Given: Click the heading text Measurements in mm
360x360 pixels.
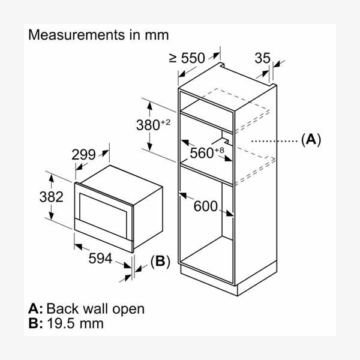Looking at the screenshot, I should tap(98, 35).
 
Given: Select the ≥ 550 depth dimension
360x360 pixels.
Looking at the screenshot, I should tap(187, 58).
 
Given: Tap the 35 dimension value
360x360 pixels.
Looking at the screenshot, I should tap(262, 58).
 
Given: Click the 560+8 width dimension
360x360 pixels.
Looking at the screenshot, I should tap(206, 152).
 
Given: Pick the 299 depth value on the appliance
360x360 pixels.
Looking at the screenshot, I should tap(83, 154).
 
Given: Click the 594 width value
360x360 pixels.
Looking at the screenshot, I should tap(101, 258).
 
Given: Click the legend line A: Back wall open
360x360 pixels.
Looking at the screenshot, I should tap(86, 309).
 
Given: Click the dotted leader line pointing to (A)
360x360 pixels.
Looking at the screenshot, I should tap(273, 141).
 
